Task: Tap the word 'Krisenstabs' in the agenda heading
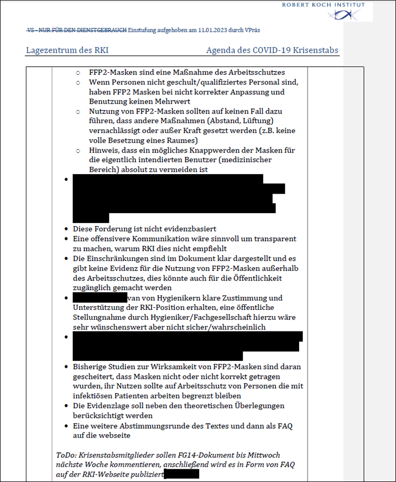coord(314,51)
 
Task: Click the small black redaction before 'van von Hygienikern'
coord(96,298)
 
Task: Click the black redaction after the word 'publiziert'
coord(182,474)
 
